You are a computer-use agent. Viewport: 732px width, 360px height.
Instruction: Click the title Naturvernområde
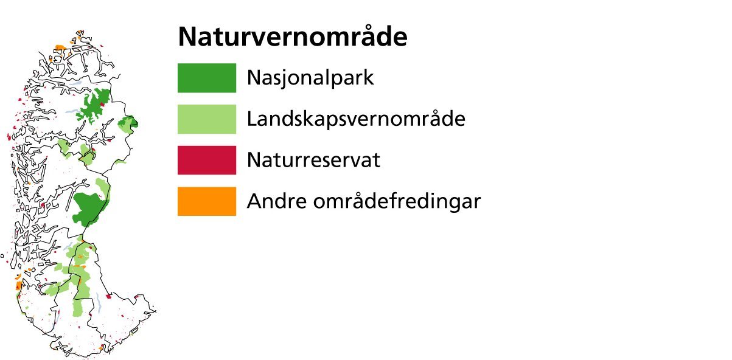(x=293, y=36)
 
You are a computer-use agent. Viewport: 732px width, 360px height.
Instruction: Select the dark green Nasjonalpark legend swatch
(x=207, y=78)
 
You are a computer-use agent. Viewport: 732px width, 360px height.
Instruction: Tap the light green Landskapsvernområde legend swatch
(x=207, y=119)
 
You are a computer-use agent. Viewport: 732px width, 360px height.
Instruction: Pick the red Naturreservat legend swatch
(x=207, y=160)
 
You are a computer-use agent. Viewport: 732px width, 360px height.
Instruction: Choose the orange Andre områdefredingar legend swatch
(x=207, y=201)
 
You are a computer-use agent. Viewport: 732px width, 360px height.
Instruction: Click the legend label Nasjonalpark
(x=310, y=78)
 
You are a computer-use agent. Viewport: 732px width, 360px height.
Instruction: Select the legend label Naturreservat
(x=313, y=160)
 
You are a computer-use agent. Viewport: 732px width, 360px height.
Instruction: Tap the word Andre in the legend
(x=277, y=201)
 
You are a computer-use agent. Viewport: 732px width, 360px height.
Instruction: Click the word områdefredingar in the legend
(x=397, y=201)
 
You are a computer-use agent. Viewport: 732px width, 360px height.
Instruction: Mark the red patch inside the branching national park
(x=102, y=105)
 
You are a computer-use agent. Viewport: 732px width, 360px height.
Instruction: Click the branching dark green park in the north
(x=95, y=105)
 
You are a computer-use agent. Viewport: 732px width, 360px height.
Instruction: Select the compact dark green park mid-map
(x=89, y=209)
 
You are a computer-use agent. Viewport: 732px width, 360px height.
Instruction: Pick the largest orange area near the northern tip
(x=60, y=47)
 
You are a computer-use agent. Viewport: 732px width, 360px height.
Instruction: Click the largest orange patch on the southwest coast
(x=19, y=285)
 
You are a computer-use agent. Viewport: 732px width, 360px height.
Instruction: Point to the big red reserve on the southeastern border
(x=108, y=297)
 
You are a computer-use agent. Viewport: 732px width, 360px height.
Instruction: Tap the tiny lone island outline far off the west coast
(x=2, y=256)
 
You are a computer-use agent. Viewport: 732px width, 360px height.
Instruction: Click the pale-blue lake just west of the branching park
(x=72, y=112)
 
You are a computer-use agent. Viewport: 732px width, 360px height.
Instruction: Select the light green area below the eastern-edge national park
(x=125, y=128)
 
